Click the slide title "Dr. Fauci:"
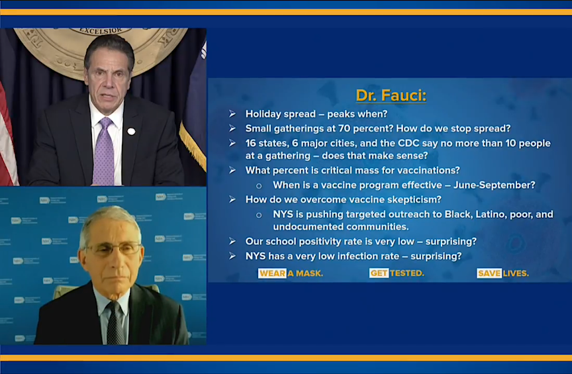tap(391, 95)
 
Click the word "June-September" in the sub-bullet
tap(495, 185)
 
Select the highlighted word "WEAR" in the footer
tap(272, 273)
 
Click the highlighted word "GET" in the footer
tap(379, 273)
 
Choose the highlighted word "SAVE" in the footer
tap(489, 273)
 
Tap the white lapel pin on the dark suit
tap(131, 131)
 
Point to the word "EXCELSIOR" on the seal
tap(101, 31)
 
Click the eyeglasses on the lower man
tap(113, 249)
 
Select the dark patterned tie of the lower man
tap(116, 323)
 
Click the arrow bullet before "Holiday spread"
tap(232, 115)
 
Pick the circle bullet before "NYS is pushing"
tap(259, 215)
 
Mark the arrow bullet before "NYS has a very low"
tap(232, 256)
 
